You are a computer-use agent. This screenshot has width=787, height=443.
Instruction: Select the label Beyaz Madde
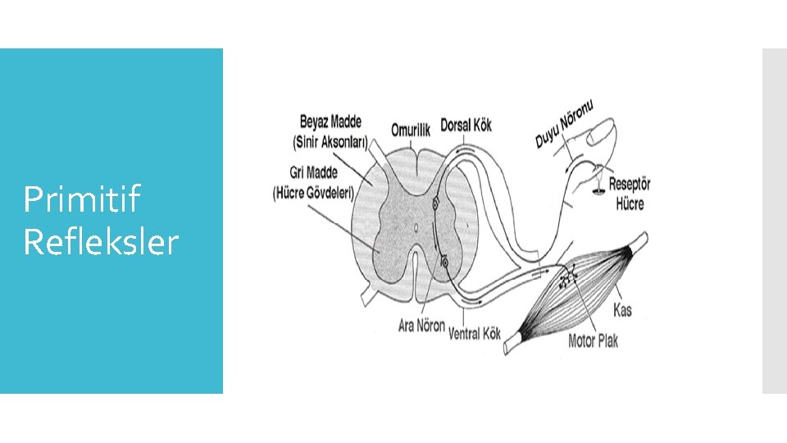pos(330,122)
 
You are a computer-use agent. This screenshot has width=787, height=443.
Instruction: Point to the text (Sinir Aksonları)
pos(330,141)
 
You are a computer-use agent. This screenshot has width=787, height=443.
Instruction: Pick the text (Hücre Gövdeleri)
pos(312,193)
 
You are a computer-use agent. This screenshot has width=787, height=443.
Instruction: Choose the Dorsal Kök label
pos(466,126)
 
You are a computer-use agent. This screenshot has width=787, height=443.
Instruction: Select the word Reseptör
pos(629,186)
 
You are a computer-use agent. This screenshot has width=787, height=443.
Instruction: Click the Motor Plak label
pos(593,340)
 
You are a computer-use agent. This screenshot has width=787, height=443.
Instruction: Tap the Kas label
pos(623,310)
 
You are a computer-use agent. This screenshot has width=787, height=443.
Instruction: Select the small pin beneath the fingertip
pos(598,187)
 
